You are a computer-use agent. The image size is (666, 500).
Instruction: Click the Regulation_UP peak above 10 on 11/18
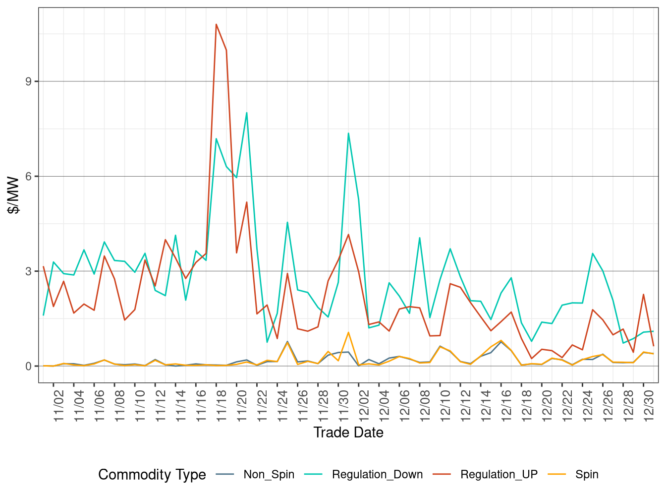click(216, 24)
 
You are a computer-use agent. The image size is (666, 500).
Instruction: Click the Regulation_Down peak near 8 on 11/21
click(246, 113)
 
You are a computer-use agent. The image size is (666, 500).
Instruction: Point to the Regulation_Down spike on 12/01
click(348, 133)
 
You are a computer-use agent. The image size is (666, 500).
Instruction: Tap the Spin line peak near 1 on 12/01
click(348, 332)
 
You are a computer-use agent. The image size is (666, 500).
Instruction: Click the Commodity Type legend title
click(152, 475)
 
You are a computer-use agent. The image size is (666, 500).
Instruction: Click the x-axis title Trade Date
click(348, 433)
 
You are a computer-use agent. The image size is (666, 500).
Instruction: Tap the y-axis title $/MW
click(13, 195)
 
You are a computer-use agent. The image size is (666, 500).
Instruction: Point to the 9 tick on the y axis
click(29, 81)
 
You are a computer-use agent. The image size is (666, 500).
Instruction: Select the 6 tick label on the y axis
click(29, 177)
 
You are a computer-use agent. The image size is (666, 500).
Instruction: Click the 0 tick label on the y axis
click(29, 366)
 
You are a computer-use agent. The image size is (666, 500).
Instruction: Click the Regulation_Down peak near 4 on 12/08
click(420, 238)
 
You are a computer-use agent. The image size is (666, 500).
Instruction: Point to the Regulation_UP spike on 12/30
click(643, 295)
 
